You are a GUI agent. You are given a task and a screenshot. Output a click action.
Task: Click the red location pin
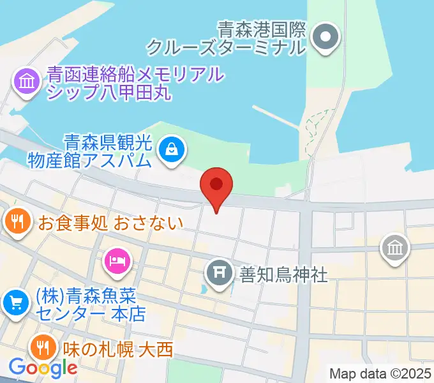coord(216,186)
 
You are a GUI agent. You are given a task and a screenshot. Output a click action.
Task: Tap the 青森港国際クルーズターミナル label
coord(227,38)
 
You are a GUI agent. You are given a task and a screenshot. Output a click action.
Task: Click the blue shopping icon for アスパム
coord(172,151)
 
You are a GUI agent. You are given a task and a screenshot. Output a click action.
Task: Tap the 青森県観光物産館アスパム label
coord(90,150)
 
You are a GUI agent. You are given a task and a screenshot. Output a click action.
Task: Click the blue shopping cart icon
coord(15,303)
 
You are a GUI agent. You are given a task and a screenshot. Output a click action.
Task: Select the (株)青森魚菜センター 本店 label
coord(89,305)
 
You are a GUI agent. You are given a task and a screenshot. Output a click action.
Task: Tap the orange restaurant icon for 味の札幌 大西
coord(43,347)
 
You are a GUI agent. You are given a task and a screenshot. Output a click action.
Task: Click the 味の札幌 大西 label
coord(118,349)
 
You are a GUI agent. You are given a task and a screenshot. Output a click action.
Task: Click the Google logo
coord(42,368)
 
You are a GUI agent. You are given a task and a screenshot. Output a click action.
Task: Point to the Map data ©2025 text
coord(380,373)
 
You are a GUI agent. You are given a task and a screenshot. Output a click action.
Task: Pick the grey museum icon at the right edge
coord(394,248)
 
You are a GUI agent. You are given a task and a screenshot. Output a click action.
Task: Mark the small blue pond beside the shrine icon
coord(204,289)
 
